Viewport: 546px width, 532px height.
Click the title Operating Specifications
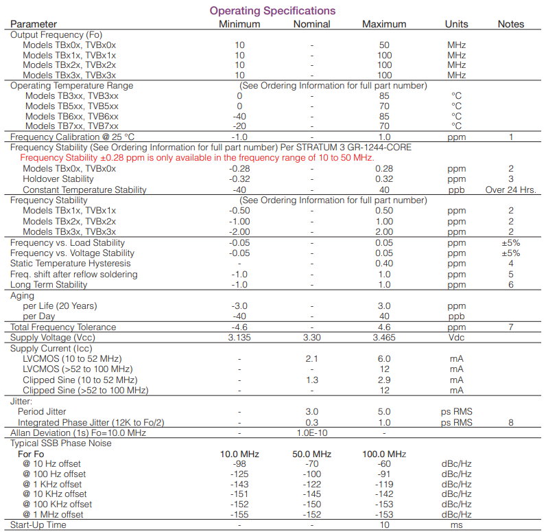click(272, 10)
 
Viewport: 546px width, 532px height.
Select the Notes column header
click(510, 24)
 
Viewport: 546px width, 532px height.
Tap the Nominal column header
click(311, 24)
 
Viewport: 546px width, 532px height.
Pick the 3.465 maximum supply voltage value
click(384, 338)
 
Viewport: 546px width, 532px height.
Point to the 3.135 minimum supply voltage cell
click(239, 338)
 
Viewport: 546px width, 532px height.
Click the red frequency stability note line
click(197, 158)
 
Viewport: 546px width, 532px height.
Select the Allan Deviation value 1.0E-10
click(311, 432)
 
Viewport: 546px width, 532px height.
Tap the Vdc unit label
click(456, 338)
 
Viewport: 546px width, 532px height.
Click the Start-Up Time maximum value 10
click(384, 525)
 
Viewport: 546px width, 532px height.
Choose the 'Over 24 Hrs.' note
click(510, 189)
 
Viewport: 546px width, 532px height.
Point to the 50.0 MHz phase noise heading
click(311, 454)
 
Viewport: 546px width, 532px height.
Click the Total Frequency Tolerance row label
click(63, 327)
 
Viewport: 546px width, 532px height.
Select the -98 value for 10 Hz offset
click(239, 464)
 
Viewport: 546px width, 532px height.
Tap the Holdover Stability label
click(58, 179)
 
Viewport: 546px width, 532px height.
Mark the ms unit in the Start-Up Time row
click(456, 525)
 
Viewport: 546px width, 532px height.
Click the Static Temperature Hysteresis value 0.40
click(384, 264)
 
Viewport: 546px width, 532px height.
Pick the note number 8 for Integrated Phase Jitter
click(510, 422)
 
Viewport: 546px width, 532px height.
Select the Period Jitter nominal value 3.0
click(311, 411)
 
